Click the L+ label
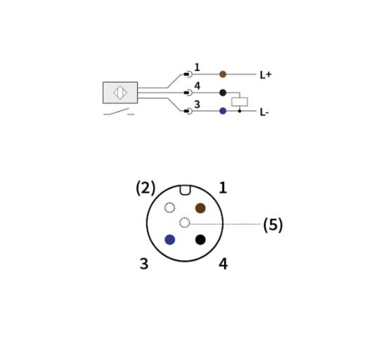pos(266,75)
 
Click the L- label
pos(264,112)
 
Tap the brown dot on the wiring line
pos(223,75)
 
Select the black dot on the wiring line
pos(223,93)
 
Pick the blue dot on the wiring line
pos(223,111)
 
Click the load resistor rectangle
pos(240,102)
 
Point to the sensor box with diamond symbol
pos(120,93)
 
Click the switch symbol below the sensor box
pos(119,112)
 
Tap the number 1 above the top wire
pos(197,67)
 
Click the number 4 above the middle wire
pos(197,86)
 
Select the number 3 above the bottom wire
pos(197,105)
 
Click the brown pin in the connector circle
pos(200,208)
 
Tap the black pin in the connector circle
pos(200,240)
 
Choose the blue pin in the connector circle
pos(170,240)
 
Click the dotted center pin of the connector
pos(185,222)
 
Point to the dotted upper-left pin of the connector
pos(170,207)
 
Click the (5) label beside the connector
pos(273,225)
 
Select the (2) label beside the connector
pos(145,188)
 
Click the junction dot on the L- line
pos(240,111)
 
